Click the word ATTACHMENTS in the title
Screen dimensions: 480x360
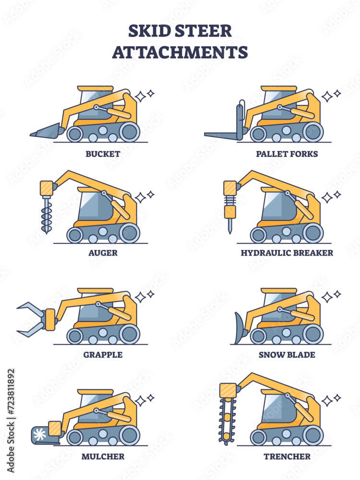(180, 51)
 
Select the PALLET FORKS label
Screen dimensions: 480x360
(287, 154)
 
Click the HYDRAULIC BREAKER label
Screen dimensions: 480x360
(287, 253)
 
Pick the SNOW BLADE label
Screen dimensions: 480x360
(287, 355)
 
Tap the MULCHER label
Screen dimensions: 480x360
(102, 456)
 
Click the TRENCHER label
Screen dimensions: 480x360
(287, 456)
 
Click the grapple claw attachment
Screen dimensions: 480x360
(31, 318)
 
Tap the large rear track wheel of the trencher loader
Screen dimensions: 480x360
(312, 435)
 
